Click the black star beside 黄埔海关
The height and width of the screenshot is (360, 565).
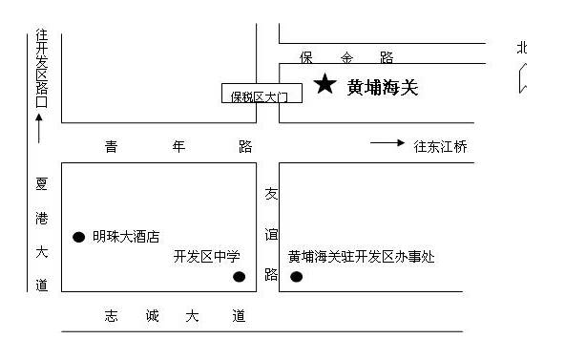325,84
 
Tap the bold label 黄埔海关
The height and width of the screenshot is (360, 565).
383,88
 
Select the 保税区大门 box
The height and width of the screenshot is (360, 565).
262,93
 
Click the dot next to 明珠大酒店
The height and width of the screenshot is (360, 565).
78,237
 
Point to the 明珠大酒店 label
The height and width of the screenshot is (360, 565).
126,237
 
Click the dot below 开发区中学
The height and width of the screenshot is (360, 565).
239,277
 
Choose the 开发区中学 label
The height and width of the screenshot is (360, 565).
206,256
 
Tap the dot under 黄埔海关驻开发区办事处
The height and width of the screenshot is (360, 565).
296,277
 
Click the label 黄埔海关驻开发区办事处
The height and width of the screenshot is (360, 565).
362,257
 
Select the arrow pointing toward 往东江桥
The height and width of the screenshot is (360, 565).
387,143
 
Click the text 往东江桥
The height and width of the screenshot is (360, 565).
440,147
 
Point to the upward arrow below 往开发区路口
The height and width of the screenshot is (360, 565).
39,129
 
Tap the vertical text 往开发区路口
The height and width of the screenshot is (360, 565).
41,68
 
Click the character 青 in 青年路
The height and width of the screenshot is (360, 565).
111,147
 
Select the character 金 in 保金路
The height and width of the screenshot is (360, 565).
346,57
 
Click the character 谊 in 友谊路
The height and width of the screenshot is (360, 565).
271,234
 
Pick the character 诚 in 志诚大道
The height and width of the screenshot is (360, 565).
153,316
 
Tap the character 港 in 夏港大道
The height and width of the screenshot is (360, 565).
41,219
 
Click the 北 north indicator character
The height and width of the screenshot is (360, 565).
522,48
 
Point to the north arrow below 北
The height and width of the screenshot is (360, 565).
523,78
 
